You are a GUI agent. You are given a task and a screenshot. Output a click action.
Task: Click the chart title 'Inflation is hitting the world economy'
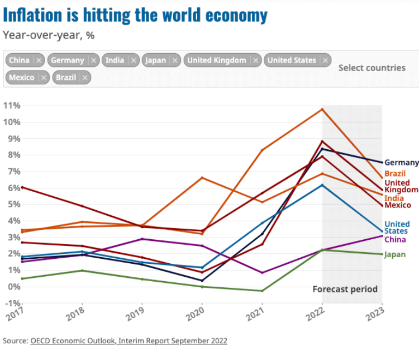[x=135, y=15]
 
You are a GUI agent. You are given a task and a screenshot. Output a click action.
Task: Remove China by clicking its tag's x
[x=38, y=60]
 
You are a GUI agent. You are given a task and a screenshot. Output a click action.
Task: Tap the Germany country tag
[x=68, y=60]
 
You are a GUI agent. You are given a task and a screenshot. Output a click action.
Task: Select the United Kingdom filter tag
[x=216, y=60]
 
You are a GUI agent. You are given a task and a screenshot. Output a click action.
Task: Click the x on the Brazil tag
[x=85, y=78]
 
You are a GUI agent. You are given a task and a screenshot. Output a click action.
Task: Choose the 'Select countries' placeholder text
[x=372, y=68]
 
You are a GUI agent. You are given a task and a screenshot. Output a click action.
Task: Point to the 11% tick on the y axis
[x=12, y=105]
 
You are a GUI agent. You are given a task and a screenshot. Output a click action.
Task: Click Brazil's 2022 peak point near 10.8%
[x=322, y=109]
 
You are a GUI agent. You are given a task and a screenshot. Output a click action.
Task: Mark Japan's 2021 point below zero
[x=262, y=291]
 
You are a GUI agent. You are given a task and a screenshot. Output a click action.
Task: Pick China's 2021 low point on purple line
[x=262, y=273]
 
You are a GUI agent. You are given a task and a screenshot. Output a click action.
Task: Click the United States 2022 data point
[x=322, y=185]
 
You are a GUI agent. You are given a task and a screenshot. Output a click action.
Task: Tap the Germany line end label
[x=401, y=163]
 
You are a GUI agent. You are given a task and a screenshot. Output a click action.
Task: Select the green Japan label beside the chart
[x=395, y=255]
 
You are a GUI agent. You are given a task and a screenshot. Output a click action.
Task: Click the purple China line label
[x=395, y=240]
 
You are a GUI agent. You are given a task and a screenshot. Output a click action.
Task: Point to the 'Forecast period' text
[x=345, y=290]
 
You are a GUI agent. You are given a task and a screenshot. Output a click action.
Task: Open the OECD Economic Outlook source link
[x=129, y=340]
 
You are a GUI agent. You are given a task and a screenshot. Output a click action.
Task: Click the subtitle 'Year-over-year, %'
[x=49, y=35]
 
